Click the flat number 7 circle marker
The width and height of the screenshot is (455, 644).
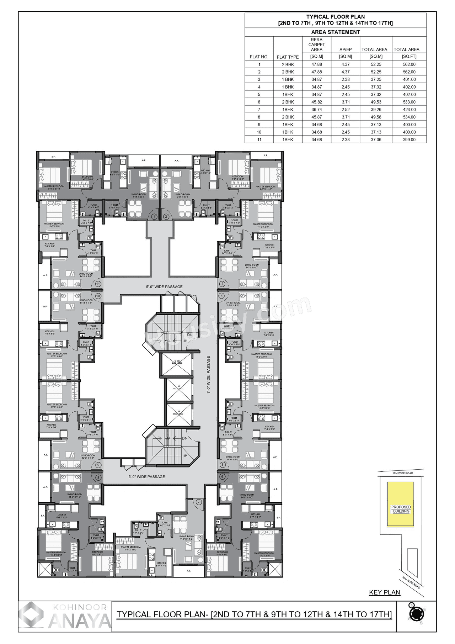(199, 502)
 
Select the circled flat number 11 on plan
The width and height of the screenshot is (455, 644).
(98, 284)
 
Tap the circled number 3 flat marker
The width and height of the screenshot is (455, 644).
(222, 284)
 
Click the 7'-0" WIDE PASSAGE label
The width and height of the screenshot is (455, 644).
(209, 374)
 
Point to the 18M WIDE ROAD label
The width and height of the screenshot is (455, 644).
(402, 473)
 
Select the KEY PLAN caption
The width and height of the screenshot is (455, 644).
(385, 592)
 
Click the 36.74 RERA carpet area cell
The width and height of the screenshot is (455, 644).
(316, 110)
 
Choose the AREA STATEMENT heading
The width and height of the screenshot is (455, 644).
(335, 32)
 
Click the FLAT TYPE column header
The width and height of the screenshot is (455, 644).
(288, 57)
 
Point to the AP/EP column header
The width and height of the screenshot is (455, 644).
(345, 49)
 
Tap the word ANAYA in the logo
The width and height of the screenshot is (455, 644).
(80, 621)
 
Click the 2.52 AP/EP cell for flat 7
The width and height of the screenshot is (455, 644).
(345, 110)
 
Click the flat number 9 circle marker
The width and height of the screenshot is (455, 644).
(98, 465)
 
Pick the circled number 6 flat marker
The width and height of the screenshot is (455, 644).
(222, 476)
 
